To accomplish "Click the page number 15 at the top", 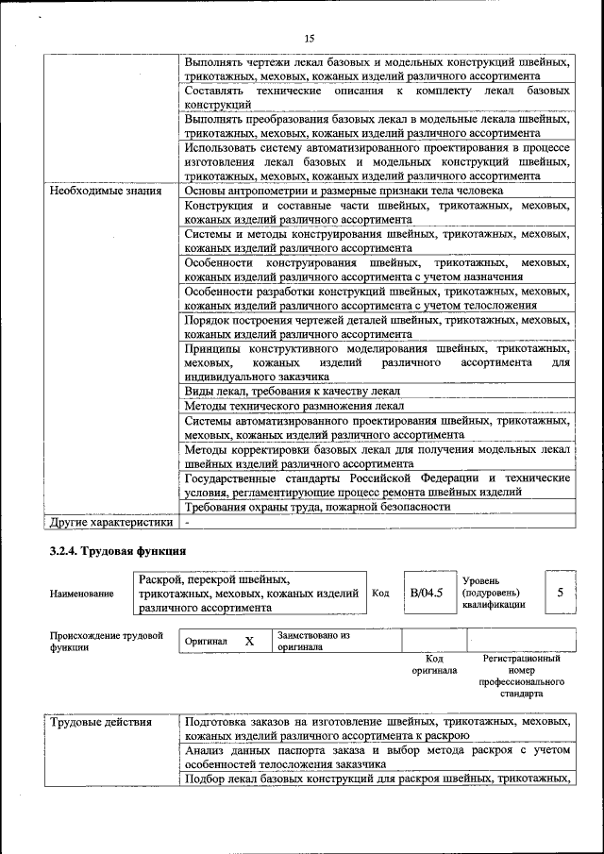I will tap(309, 39).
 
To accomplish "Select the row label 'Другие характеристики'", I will tap(111, 521).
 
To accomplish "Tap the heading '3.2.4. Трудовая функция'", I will tap(117, 550).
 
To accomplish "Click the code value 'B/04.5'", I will tap(426, 594).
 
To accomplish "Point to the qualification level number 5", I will tap(561, 593).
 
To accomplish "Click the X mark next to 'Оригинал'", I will tap(249, 642).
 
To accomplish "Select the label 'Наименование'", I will tap(82, 594).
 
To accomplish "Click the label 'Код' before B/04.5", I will tap(380, 594).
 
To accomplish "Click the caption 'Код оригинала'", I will tap(434, 664).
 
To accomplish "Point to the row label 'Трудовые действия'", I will tap(101, 723).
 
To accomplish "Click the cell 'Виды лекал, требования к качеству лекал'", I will tap(293, 391).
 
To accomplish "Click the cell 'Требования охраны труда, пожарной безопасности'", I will tap(316, 507).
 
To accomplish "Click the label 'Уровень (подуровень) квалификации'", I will tap(494, 593).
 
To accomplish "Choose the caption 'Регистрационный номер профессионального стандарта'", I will tap(521, 676).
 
